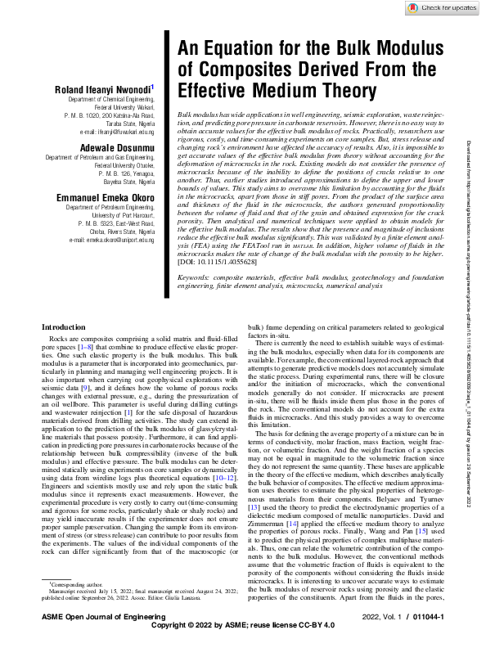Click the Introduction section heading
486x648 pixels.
pyautogui.click(x=64, y=350)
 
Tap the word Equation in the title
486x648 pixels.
pyautogui.click(x=236, y=48)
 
